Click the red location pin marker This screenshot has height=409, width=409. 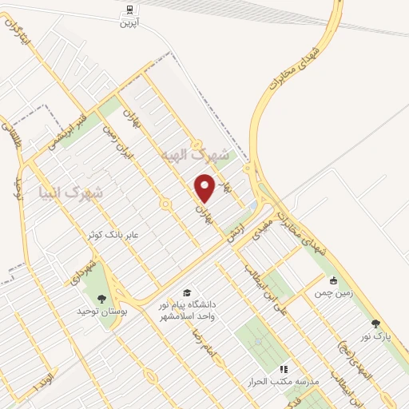coord(205,189)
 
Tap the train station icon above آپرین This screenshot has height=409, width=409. coord(129,10)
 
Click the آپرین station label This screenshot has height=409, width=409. coord(129,24)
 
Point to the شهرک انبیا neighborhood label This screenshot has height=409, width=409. coord(81,192)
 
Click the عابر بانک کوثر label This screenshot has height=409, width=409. coord(113,234)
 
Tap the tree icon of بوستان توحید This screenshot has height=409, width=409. coord(100,300)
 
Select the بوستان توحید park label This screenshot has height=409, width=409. coord(101,312)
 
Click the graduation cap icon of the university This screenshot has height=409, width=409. coord(187,292)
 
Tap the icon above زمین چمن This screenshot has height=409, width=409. coord(334,280)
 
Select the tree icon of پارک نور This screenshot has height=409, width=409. coord(375,324)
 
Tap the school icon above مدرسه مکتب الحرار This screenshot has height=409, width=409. coord(283,370)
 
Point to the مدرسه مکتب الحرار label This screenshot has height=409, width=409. coord(285,383)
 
